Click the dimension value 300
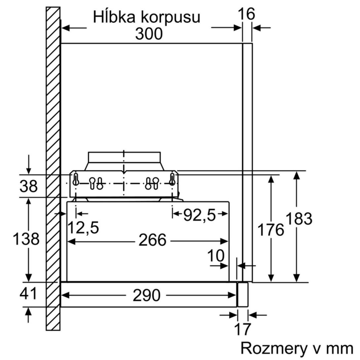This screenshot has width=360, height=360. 149,33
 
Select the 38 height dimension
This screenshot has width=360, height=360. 29,186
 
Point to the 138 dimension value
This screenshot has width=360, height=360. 26,239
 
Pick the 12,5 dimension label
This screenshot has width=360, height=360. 83,228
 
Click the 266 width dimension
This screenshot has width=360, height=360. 152,240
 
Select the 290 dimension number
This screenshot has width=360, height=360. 146,295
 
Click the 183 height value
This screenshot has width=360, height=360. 298,218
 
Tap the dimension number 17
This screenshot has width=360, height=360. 243,329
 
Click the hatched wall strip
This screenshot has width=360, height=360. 53,165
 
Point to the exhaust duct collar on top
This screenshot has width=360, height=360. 124,161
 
